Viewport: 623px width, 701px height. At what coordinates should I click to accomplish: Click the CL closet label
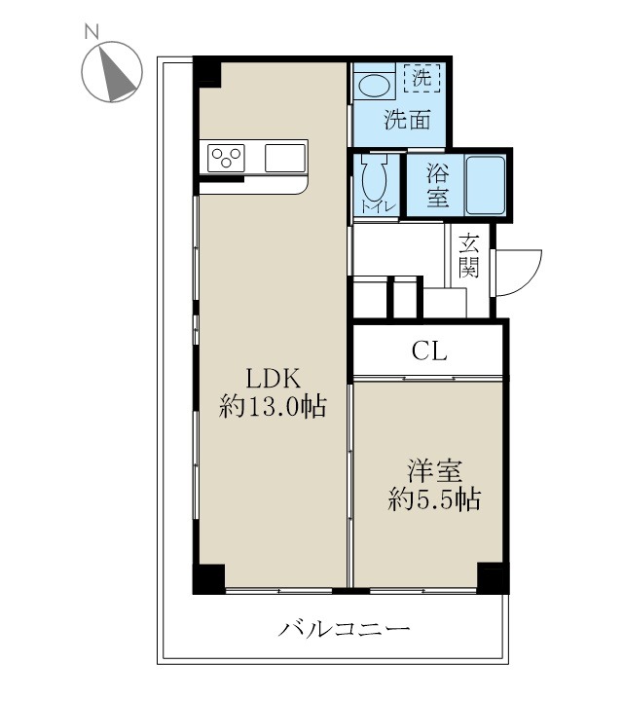click(x=429, y=352)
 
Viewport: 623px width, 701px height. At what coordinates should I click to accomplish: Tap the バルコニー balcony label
click(x=345, y=628)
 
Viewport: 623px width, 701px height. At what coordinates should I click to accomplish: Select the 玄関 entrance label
click(x=470, y=256)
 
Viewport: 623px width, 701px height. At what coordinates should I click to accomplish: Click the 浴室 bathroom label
click(x=438, y=186)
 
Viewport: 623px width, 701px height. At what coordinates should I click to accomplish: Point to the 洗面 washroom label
click(x=407, y=122)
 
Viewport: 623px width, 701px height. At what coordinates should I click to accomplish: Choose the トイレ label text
click(x=372, y=206)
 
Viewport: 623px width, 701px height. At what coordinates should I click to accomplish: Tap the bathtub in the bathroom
click(x=485, y=184)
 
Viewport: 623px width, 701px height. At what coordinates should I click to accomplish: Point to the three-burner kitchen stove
click(x=227, y=156)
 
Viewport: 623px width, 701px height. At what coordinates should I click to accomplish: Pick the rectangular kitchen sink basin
click(x=285, y=156)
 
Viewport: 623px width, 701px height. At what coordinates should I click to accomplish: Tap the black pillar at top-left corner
click(x=206, y=73)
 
